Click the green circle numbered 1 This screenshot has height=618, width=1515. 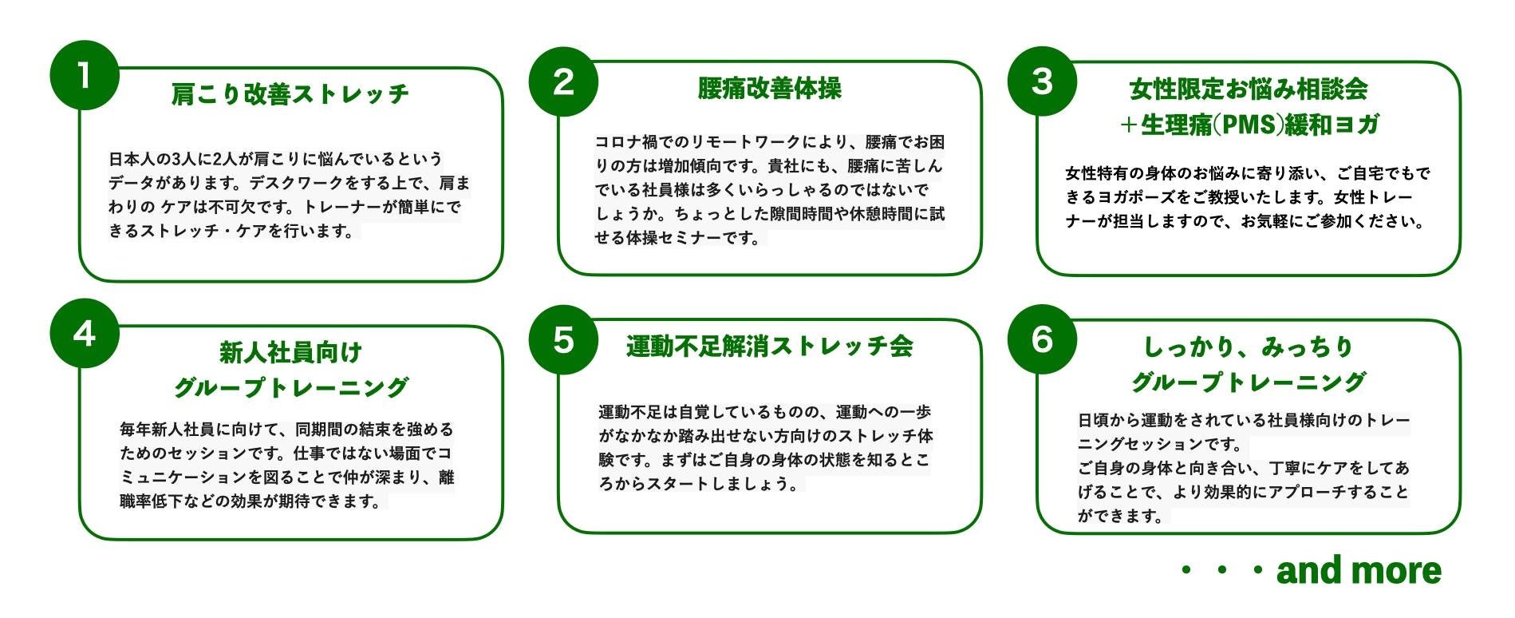[x=84, y=75]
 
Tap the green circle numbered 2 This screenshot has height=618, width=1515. [x=563, y=81]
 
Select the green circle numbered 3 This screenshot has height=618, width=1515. [x=1042, y=81]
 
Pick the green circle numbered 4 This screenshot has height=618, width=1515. [x=84, y=334]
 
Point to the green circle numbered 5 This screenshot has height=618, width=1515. [x=563, y=339]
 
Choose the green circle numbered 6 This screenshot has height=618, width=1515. [x=1042, y=339]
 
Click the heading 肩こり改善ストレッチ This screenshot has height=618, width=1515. [x=290, y=94]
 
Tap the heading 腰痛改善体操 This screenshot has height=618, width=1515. [x=769, y=89]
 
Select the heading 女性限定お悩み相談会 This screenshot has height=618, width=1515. [x=1248, y=89]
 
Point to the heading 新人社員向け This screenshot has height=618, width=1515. [x=290, y=352]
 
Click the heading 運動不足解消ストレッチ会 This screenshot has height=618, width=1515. [x=769, y=347]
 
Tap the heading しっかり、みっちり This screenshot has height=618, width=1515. [x=1248, y=347]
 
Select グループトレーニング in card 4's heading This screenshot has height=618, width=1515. [x=290, y=388]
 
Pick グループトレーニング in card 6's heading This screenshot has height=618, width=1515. [x=1248, y=383]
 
